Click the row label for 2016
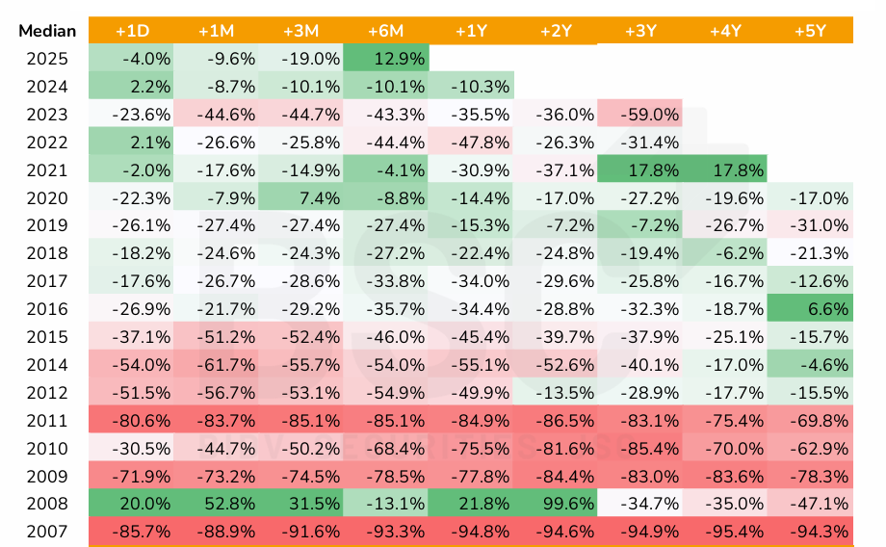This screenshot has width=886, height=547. (48, 309)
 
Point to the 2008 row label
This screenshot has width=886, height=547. (48, 504)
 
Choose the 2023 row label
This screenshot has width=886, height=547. (48, 115)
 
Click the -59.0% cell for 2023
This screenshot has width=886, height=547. (639, 115)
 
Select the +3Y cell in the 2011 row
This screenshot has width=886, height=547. (639, 421)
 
